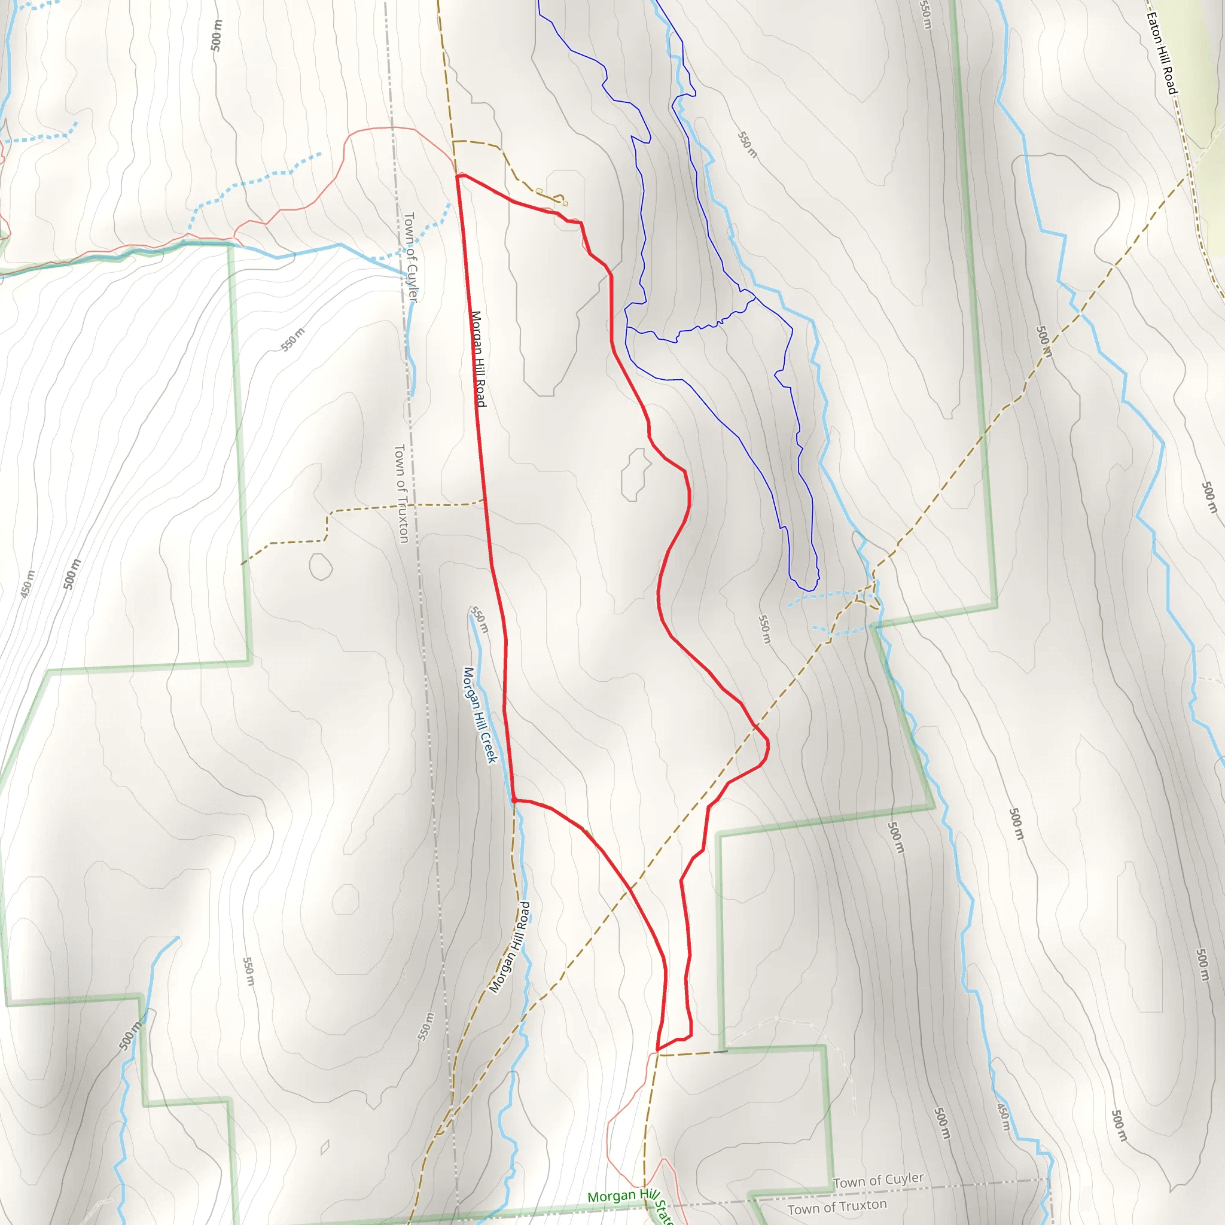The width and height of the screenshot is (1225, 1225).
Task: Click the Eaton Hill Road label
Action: [1162, 54]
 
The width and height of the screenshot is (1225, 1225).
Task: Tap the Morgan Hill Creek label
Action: [480, 715]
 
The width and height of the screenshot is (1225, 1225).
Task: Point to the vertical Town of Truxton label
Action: [401, 493]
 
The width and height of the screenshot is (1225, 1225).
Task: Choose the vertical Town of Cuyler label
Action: [411, 256]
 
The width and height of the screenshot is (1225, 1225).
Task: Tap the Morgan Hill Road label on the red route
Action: [478, 358]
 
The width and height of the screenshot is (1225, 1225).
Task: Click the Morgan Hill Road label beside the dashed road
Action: [510, 947]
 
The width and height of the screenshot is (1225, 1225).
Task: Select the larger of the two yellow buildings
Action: [539, 191]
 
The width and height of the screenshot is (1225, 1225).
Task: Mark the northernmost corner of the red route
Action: [457, 176]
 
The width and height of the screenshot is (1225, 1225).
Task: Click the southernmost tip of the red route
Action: [657, 1049]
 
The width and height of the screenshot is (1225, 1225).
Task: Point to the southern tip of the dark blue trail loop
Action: [809, 590]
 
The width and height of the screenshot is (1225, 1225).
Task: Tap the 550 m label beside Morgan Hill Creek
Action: [479, 620]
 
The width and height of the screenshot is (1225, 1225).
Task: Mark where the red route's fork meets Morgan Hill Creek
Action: [514, 801]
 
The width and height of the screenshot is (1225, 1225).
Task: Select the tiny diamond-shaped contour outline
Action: [325, 1147]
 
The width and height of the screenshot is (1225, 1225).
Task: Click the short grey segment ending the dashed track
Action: [720, 1052]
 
